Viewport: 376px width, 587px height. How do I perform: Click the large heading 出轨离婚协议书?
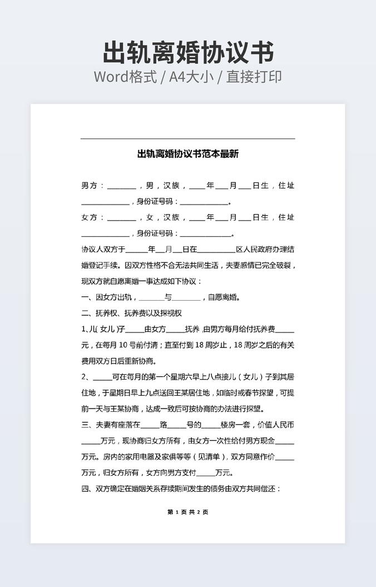188,53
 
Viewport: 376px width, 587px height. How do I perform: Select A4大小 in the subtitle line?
192,77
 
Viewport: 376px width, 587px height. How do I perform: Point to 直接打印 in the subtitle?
254,77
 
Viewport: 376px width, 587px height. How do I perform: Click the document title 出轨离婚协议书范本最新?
188,154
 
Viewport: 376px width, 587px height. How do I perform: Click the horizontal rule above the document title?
188,138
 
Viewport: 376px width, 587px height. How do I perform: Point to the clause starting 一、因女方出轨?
161,297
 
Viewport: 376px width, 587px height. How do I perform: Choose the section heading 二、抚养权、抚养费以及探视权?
132,313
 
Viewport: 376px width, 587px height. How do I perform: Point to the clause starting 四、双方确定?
181,489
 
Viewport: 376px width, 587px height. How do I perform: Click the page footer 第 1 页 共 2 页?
188,512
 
